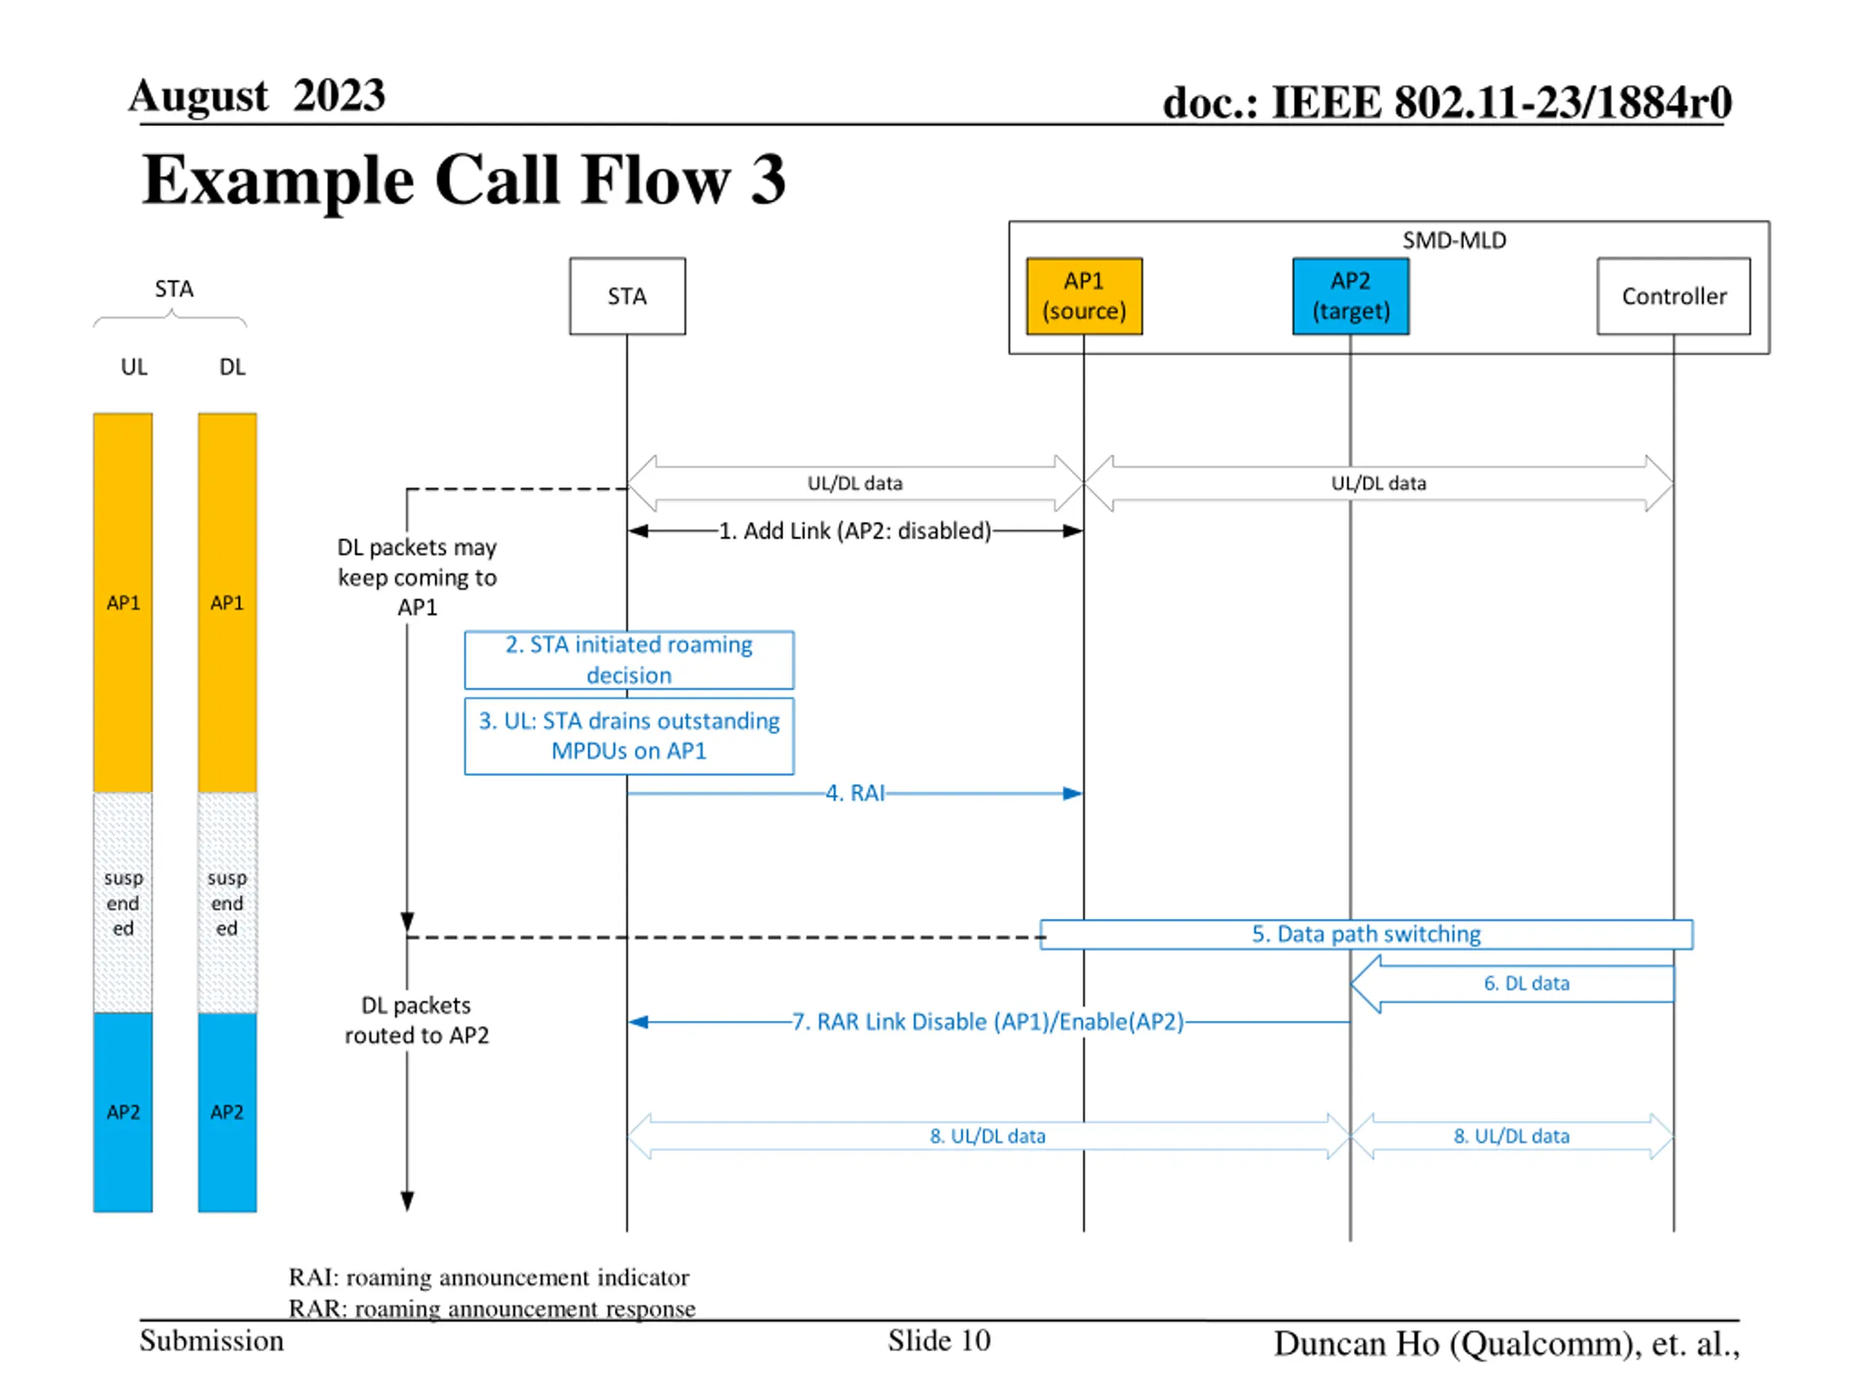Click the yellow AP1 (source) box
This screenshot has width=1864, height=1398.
(1083, 296)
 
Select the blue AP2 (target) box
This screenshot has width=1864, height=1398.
(1350, 296)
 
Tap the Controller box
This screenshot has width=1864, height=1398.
(1673, 296)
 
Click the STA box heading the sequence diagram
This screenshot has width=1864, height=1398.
(627, 296)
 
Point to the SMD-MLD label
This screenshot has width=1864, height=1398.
(1453, 240)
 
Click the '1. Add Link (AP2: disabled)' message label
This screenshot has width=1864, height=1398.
(855, 531)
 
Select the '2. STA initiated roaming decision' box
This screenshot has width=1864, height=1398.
(628, 660)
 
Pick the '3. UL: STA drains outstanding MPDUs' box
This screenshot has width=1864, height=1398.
(628, 735)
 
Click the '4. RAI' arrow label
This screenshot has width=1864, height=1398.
(855, 793)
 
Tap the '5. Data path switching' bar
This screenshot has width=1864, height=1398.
(1366, 933)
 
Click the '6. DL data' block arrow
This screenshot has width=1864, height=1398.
(1512, 984)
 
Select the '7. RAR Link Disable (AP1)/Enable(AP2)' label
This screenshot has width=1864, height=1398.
(987, 1022)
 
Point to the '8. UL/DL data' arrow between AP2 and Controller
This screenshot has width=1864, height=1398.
(1512, 1136)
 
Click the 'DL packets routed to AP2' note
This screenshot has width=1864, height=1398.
(416, 1019)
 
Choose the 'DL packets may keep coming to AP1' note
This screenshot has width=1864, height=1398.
(417, 577)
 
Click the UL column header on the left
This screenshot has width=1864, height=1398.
(134, 366)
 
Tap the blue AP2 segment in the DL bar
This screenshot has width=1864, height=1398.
(227, 1113)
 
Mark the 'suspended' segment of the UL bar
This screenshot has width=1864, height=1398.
(123, 902)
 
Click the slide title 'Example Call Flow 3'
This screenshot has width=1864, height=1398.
(464, 180)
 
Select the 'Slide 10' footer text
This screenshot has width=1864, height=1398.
(939, 1340)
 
